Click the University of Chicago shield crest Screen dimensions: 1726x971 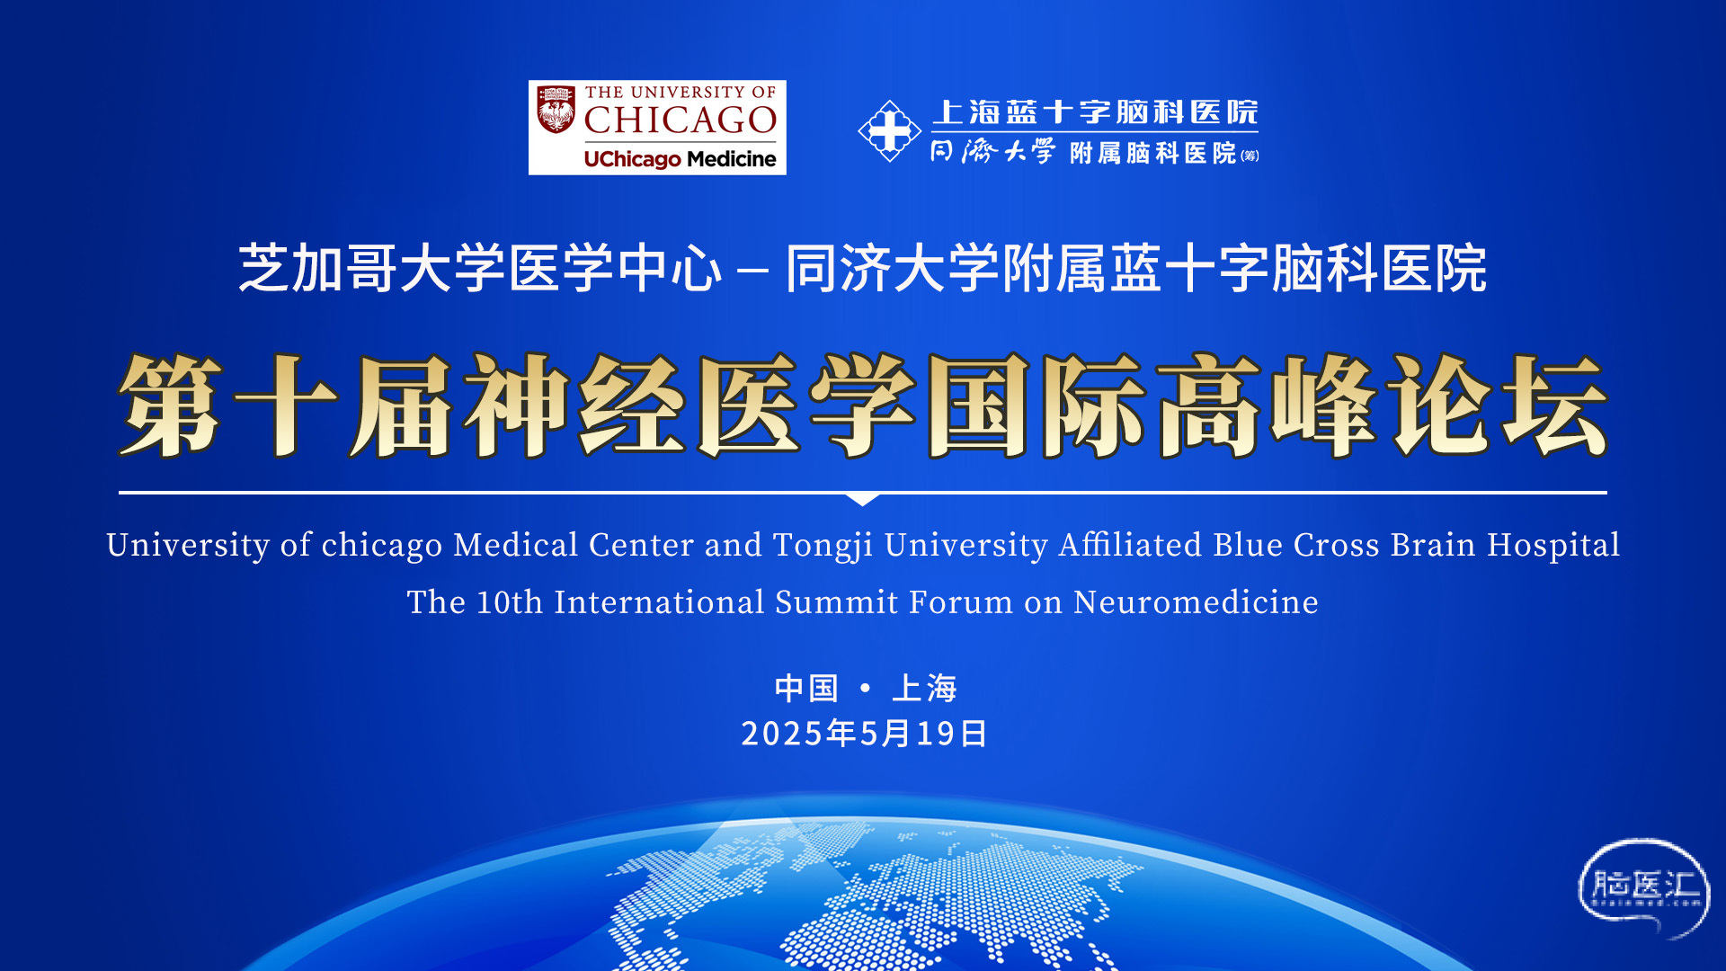point(556,110)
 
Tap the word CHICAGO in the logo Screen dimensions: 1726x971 point(681,120)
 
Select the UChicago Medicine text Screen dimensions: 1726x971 point(680,159)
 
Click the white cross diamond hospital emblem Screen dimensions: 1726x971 point(889,131)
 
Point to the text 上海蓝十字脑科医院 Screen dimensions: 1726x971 point(1095,112)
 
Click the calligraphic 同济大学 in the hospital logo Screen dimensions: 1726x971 point(992,151)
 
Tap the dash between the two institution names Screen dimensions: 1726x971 point(752,270)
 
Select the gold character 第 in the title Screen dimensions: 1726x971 point(171,405)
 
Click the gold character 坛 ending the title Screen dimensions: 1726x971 point(1554,405)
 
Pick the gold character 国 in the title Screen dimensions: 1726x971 point(979,405)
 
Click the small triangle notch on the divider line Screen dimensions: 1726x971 point(862,499)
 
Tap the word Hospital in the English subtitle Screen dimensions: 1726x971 point(1553,546)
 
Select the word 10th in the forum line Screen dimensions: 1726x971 point(510,602)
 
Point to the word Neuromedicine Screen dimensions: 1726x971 point(1197,602)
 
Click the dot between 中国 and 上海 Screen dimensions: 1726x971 point(865,688)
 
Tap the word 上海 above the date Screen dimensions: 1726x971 point(924,689)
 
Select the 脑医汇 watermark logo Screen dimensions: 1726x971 point(1644,888)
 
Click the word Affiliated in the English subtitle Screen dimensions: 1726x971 point(1130,545)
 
